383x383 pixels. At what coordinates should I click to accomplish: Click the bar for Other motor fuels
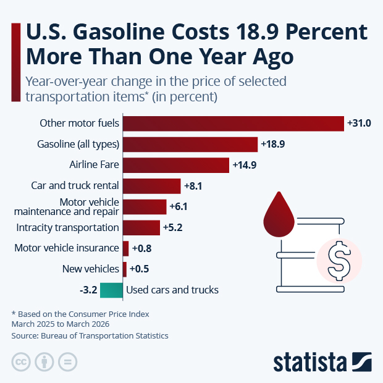pyautogui.click(x=233, y=124)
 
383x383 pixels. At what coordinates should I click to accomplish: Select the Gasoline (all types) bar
pyautogui.click(x=190, y=145)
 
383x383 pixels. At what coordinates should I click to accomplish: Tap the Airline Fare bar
pyautogui.click(x=176, y=165)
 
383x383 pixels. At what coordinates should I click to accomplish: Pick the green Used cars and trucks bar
pyautogui.click(x=111, y=290)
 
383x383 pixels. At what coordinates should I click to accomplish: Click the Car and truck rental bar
pyautogui.click(x=152, y=186)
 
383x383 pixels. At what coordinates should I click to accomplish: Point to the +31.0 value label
pyautogui.click(x=359, y=124)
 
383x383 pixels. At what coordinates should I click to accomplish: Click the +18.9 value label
pyautogui.click(x=272, y=145)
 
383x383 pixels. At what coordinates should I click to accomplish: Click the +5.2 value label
pyautogui.click(x=172, y=228)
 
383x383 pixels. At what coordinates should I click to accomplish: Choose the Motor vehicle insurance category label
pyautogui.click(x=67, y=248)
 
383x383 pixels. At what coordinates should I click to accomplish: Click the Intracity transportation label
pyautogui.click(x=68, y=227)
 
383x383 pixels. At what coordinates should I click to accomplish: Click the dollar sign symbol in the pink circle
pyautogui.click(x=338, y=260)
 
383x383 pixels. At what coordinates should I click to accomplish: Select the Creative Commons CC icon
pyautogui.click(x=21, y=362)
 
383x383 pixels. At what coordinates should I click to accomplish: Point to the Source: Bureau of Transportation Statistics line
pyautogui.click(x=90, y=335)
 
